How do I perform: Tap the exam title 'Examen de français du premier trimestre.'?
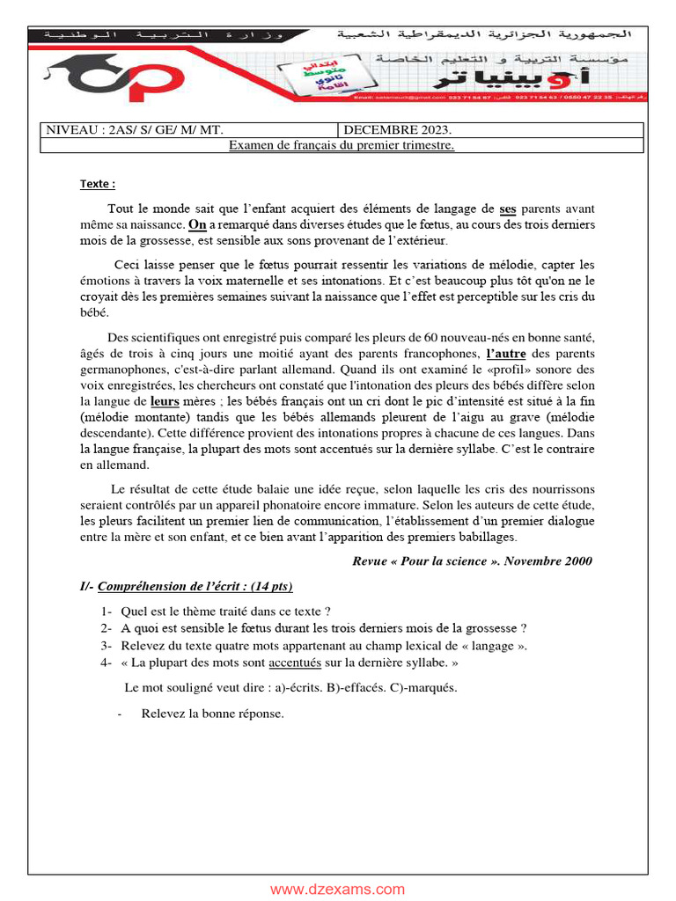[x=342, y=145]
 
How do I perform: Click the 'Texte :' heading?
[x=98, y=184]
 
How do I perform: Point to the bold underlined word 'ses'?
[x=508, y=209]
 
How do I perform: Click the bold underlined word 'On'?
[x=197, y=225]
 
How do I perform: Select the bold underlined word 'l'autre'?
[x=506, y=354]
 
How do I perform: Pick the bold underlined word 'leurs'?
[x=165, y=401]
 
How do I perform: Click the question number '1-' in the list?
[x=107, y=612]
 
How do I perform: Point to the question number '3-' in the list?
[x=107, y=646]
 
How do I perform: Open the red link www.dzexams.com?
[x=338, y=890]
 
